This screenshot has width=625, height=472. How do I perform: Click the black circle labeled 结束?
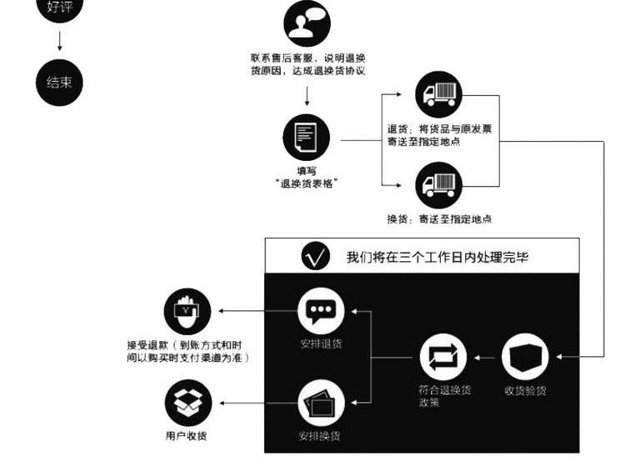coord(60,82)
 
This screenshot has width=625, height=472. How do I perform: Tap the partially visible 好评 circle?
coord(60,8)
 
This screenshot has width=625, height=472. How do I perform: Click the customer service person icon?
coord(307,23)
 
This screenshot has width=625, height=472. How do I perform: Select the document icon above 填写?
coord(306,138)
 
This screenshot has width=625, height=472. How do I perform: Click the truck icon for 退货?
coord(438,93)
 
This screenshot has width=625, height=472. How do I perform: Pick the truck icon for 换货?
coord(438,185)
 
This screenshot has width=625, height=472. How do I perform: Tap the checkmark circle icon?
coord(315,256)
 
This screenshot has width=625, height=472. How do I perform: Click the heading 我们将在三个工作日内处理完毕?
coord(437,257)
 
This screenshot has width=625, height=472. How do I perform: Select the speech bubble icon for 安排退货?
coord(321,312)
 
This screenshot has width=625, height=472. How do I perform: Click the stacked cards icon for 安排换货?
coord(321,403)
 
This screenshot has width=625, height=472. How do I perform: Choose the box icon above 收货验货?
coord(526,357)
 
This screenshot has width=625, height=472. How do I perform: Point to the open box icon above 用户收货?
coord(187,403)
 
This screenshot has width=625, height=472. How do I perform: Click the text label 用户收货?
coord(187,435)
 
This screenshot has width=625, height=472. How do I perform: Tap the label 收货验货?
coord(526,389)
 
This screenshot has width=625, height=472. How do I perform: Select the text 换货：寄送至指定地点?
coord(438,218)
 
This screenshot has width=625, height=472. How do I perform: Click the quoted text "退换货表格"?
coord(306,183)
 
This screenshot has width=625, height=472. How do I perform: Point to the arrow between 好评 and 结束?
coord(60,41)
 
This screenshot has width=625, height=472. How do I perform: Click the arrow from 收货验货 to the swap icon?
coord(486,357)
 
